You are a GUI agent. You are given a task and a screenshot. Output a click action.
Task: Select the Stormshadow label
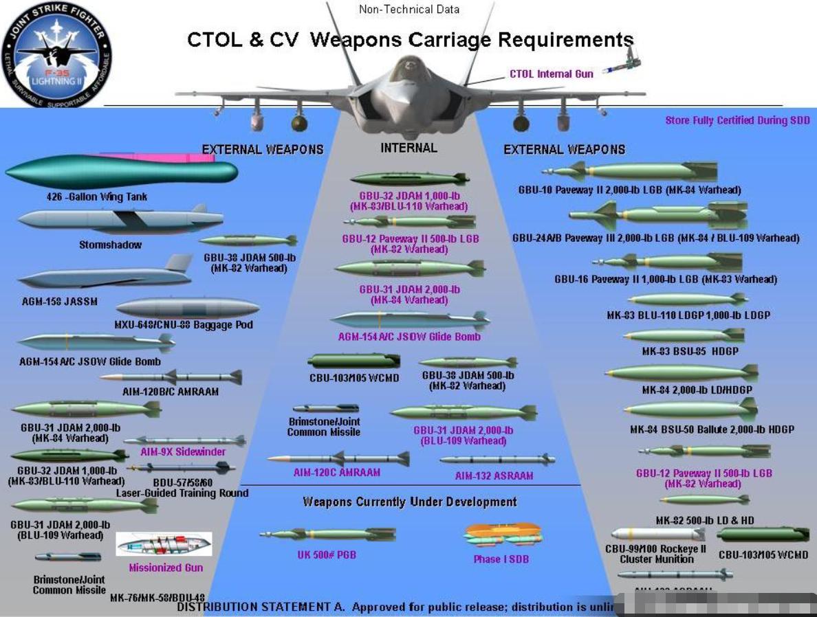(x=110, y=245)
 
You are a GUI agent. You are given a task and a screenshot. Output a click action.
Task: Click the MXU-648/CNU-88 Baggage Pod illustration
(x=188, y=307)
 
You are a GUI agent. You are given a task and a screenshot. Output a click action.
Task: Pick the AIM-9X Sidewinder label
(x=183, y=452)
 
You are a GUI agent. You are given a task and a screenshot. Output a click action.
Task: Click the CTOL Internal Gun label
(x=551, y=74)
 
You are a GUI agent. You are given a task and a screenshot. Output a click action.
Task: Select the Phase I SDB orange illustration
(x=503, y=534)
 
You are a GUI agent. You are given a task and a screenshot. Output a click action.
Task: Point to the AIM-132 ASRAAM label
(x=494, y=475)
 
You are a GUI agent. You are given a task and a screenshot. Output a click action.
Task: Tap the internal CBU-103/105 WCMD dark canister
(x=353, y=361)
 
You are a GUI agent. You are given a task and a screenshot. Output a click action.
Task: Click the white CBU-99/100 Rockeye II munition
(x=651, y=534)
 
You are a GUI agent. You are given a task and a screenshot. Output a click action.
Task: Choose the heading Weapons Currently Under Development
(x=410, y=502)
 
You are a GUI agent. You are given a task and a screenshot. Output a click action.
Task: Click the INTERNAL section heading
(x=408, y=148)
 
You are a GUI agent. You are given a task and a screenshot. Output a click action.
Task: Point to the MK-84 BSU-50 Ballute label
(x=712, y=429)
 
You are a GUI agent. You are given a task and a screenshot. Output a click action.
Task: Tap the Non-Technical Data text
(x=408, y=10)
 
